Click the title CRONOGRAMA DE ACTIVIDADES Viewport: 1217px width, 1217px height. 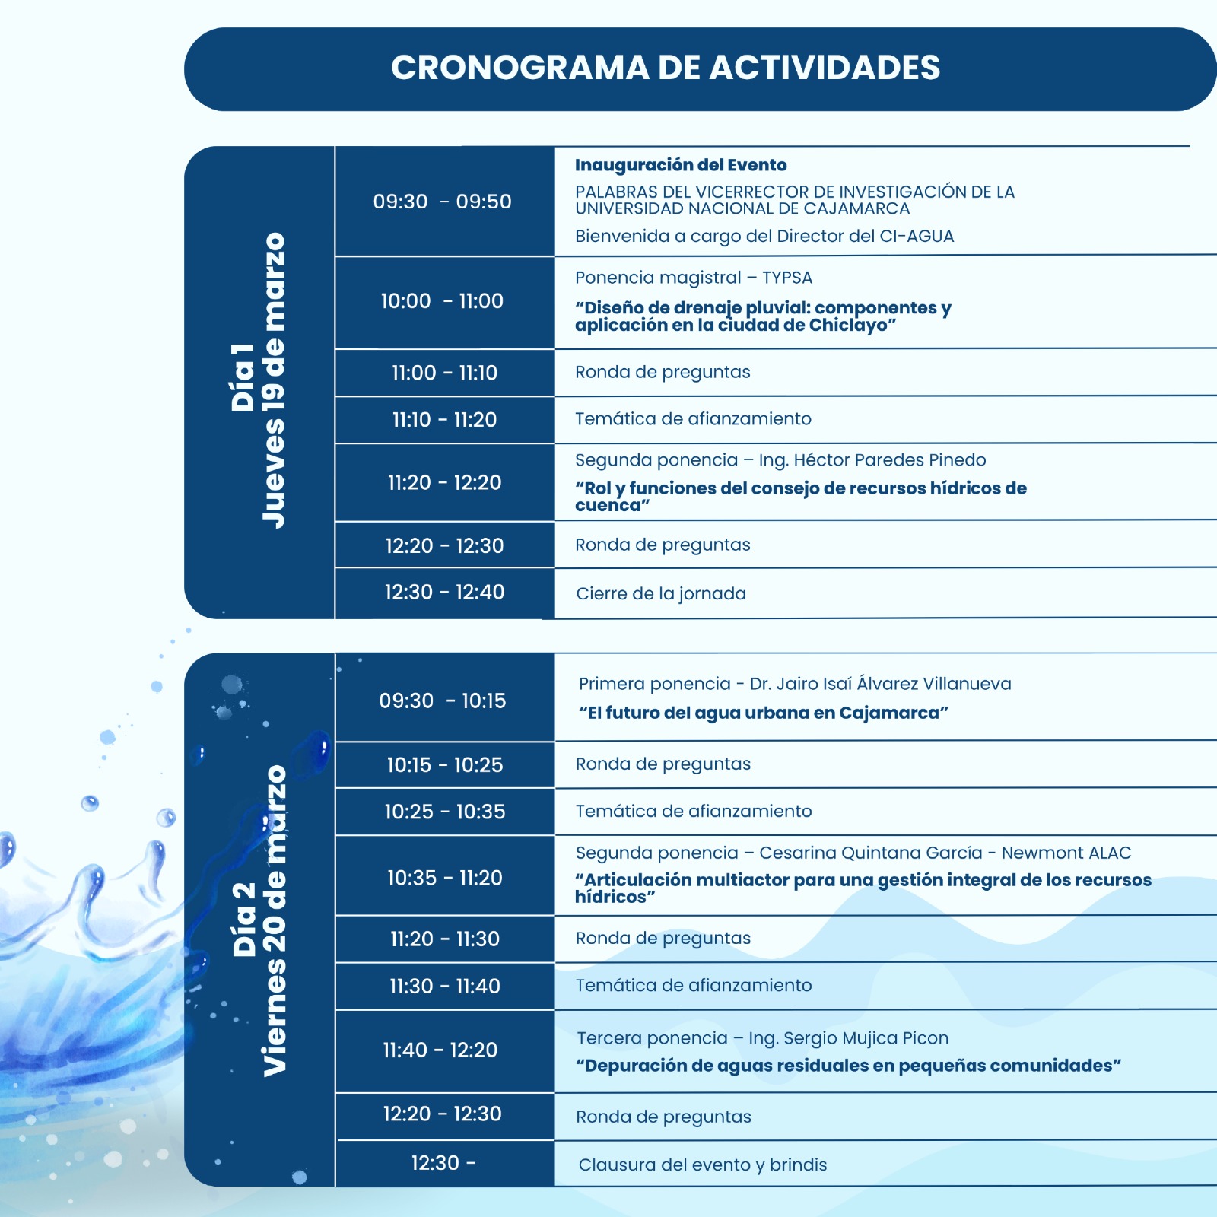[666, 68]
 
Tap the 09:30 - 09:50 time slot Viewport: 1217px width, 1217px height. [442, 202]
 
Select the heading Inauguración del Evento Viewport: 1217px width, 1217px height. [681, 165]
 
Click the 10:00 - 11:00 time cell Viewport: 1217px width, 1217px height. [442, 301]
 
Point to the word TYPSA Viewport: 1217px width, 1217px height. [787, 278]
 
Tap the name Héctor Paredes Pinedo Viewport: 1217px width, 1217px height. [889, 460]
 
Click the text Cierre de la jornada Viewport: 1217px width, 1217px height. [661, 593]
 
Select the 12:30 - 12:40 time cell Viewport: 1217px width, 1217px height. [444, 592]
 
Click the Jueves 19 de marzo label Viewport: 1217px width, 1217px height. [273, 380]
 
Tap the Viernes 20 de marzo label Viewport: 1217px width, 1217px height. [274, 920]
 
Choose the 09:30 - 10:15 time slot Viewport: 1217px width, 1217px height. [443, 701]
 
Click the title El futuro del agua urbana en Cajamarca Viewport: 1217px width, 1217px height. [764, 713]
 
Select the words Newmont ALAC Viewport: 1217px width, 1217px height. [1066, 853]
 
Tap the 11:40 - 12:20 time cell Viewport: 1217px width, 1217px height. [440, 1050]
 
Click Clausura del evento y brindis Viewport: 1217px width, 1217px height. [703, 1165]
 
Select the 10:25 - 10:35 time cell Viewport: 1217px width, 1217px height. [444, 812]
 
